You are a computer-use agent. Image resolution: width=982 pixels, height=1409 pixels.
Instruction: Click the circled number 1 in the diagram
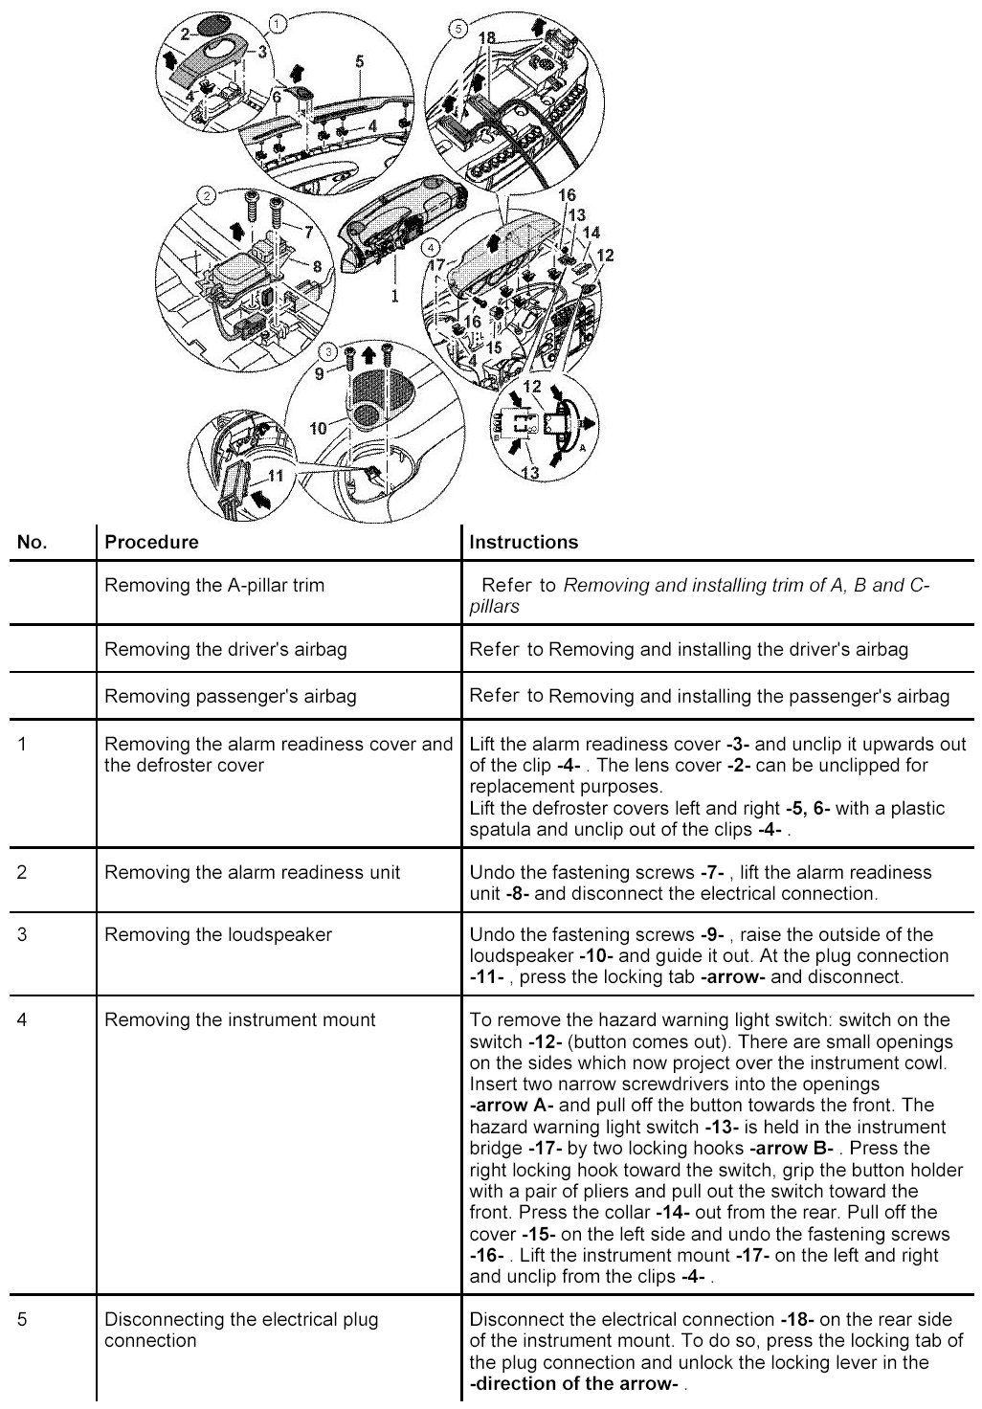276,21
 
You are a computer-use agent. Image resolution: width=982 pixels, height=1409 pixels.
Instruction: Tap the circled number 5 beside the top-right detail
458,29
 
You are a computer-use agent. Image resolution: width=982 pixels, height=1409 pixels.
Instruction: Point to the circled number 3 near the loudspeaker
328,352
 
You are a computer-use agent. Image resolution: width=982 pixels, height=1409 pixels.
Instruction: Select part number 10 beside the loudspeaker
318,428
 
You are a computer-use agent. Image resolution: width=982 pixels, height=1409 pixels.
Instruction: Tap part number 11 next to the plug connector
276,475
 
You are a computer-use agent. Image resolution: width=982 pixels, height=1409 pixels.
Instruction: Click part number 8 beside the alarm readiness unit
317,265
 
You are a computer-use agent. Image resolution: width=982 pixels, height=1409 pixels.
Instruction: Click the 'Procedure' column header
151,542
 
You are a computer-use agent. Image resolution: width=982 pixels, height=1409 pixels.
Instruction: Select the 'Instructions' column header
524,542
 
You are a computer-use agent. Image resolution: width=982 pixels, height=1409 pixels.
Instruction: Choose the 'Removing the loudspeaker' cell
217,934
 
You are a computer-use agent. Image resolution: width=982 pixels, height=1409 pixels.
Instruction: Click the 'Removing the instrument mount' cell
240,1019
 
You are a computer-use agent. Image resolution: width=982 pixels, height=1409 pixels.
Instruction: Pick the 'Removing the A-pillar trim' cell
213,585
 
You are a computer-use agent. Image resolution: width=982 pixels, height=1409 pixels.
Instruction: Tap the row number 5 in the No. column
23,1319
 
